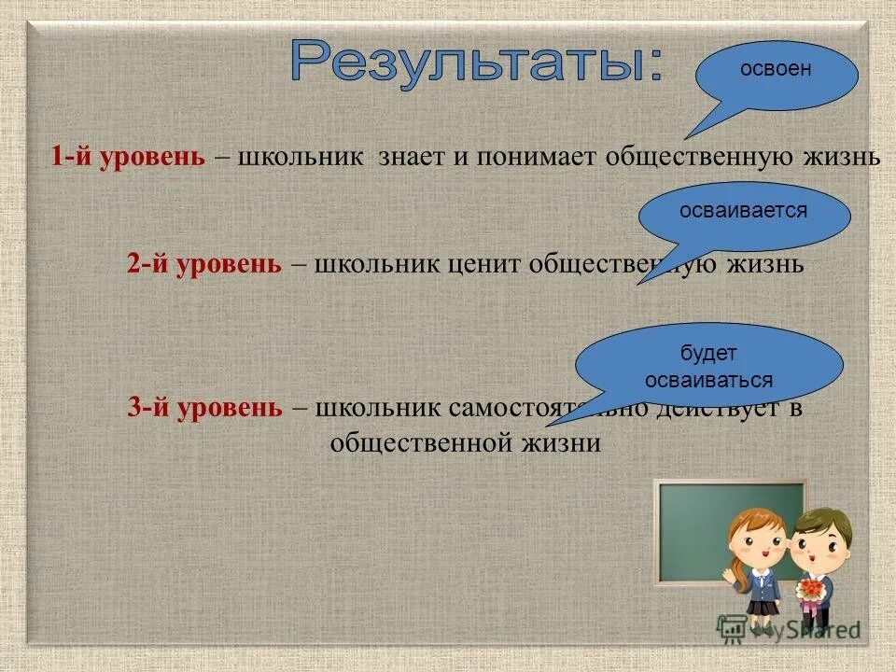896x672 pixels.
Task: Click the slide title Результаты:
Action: [x=477, y=65]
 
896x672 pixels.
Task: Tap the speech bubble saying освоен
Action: [x=776, y=75]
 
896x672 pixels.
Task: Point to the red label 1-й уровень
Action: [x=128, y=156]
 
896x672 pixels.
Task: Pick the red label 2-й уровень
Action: [x=204, y=263]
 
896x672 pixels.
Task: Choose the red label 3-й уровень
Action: [x=204, y=408]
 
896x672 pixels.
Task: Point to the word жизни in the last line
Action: [x=563, y=441]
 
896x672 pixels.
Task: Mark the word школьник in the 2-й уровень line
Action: [x=376, y=263]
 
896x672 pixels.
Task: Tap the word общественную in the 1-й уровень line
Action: [x=701, y=156]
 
